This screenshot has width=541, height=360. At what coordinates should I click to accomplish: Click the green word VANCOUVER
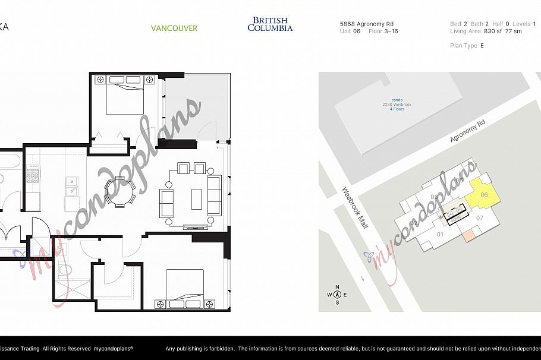[174, 28]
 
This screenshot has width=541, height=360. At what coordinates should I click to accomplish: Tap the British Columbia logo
[270, 24]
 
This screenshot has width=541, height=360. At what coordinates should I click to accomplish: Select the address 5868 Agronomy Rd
[366, 24]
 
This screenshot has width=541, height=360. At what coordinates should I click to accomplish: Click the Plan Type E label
[467, 46]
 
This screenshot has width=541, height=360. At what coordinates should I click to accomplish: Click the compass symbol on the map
[337, 294]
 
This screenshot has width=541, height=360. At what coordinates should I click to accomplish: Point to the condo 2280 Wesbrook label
[397, 105]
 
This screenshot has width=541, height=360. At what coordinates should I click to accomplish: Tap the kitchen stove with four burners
[33, 175]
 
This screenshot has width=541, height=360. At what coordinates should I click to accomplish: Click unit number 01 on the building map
[441, 235]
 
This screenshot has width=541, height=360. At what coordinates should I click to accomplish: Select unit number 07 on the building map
[480, 217]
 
